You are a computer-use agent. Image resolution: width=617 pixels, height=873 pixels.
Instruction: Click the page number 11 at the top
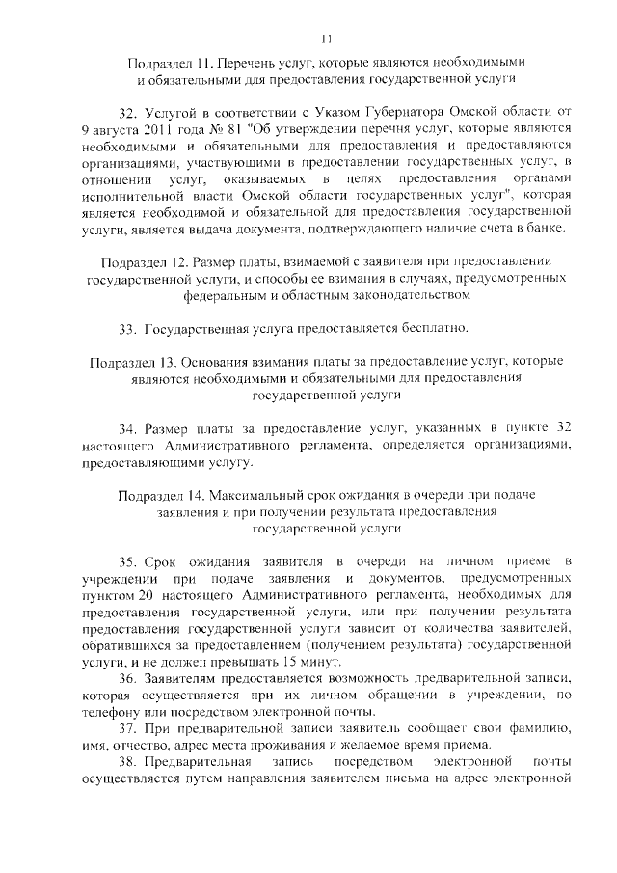(x=326, y=39)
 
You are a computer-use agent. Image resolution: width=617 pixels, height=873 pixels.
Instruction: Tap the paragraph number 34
(x=127, y=427)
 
